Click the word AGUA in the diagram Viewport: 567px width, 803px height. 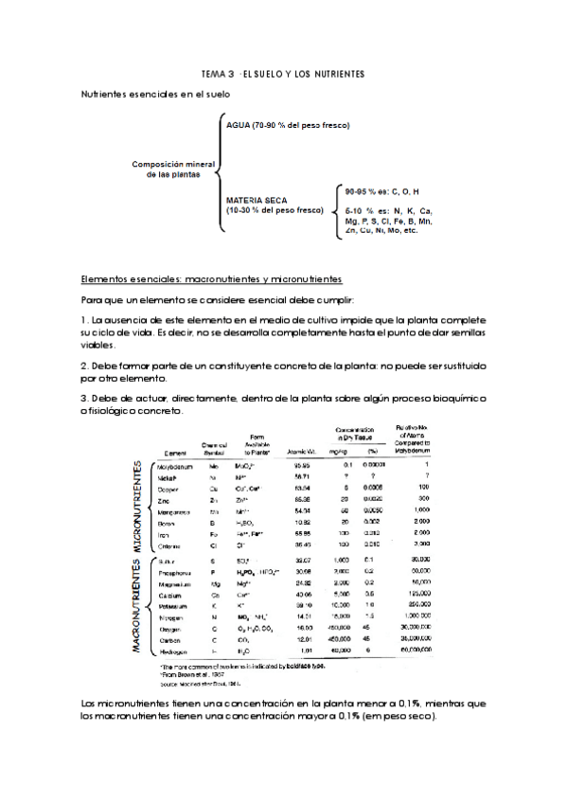[239, 125]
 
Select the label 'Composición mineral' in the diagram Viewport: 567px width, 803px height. [172, 163]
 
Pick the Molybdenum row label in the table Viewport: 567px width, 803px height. [175, 466]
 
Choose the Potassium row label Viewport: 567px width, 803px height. [172, 604]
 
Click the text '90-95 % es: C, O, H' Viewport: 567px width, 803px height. [382, 189]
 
